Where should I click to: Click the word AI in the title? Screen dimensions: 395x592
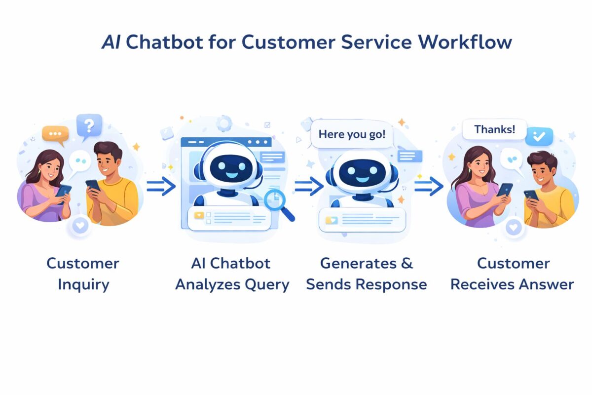(x=111, y=42)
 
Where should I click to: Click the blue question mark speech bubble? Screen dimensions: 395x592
(x=89, y=125)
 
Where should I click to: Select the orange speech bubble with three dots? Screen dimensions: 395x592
(x=55, y=134)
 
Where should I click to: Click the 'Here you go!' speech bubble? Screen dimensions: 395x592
(x=352, y=134)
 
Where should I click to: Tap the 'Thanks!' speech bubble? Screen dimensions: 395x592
(x=494, y=130)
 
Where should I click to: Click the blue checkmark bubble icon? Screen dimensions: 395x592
(x=539, y=136)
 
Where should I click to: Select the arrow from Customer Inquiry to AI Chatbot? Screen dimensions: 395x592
(x=161, y=187)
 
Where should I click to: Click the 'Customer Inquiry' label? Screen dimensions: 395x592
(x=82, y=274)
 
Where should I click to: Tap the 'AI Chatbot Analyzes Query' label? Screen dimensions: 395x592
(x=232, y=274)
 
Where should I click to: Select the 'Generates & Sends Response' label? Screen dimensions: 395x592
(x=366, y=274)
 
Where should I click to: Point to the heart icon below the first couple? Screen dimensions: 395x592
(x=80, y=226)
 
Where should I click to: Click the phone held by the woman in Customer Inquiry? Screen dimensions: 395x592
(x=64, y=191)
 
